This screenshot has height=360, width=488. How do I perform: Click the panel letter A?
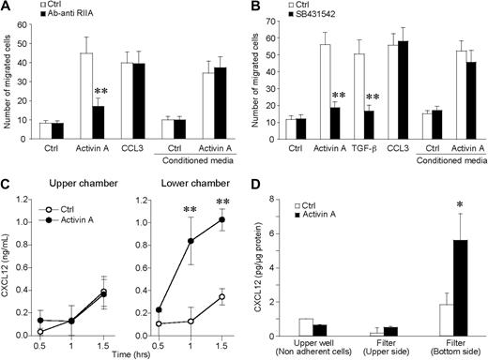click(x=8, y=7)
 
